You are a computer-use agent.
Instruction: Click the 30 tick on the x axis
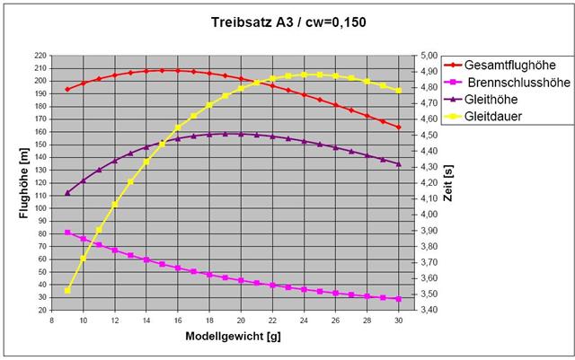(x=398, y=320)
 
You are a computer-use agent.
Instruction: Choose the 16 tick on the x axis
(x=178, y=320)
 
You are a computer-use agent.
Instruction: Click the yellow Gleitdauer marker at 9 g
(x=67, y=290)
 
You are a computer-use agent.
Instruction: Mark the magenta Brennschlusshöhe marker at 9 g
(x=67, y=233)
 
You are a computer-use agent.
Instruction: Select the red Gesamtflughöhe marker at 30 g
(x=398, y=127)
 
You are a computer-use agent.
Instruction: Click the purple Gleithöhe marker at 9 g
(x=67, y=192)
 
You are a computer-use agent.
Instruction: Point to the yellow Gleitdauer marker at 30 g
(x=398, y=91)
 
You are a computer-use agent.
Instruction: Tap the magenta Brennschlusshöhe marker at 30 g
(x=398, y=299)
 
